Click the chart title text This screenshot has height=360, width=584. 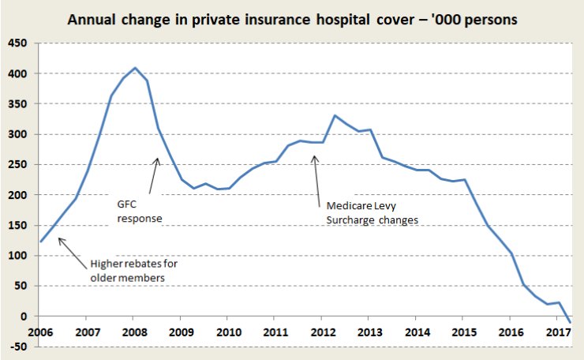tap(292, 19)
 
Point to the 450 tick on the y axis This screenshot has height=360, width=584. tap(17, 43)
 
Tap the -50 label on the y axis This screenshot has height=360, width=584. tap(17, 347)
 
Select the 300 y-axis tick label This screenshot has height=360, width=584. tap(17, 134)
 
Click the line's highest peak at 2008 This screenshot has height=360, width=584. tap(135, 68)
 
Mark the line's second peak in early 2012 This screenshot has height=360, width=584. tap(335, 116)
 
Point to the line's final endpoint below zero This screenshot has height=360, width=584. tap(570, 322)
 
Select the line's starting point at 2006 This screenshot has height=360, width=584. tap(41, 242)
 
